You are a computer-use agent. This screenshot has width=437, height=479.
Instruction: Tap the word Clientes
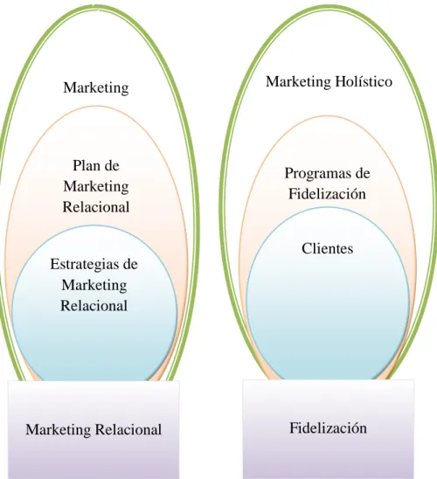coord(328,248)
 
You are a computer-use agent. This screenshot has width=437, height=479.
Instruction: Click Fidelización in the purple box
coord(329,427)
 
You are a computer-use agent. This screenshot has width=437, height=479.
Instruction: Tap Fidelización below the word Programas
coord(327,194)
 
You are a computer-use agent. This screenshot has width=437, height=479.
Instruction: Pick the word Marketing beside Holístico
coord(298,81)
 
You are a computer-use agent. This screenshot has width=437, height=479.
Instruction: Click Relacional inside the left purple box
coord(128,429)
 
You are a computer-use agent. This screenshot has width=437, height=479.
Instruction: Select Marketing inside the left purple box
coord(59,430)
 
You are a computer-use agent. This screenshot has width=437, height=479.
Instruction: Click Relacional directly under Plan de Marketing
coord(96,207)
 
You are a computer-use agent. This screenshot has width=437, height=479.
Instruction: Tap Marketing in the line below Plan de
coord(96,187)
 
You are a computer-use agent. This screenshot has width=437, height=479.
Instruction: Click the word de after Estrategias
coord(129,264)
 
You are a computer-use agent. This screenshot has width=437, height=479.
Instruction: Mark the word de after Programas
coord(362,173)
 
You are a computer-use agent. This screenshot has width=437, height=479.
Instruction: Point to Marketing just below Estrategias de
coord(94,286)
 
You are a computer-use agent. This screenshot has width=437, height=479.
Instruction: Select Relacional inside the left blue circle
coord(94,305)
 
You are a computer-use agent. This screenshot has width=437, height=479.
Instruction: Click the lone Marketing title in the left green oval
coord(96,88)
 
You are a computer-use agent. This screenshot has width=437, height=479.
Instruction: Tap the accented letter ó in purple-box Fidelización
coord(356,427)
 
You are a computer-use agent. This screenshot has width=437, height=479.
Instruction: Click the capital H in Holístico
coord(340,81)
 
